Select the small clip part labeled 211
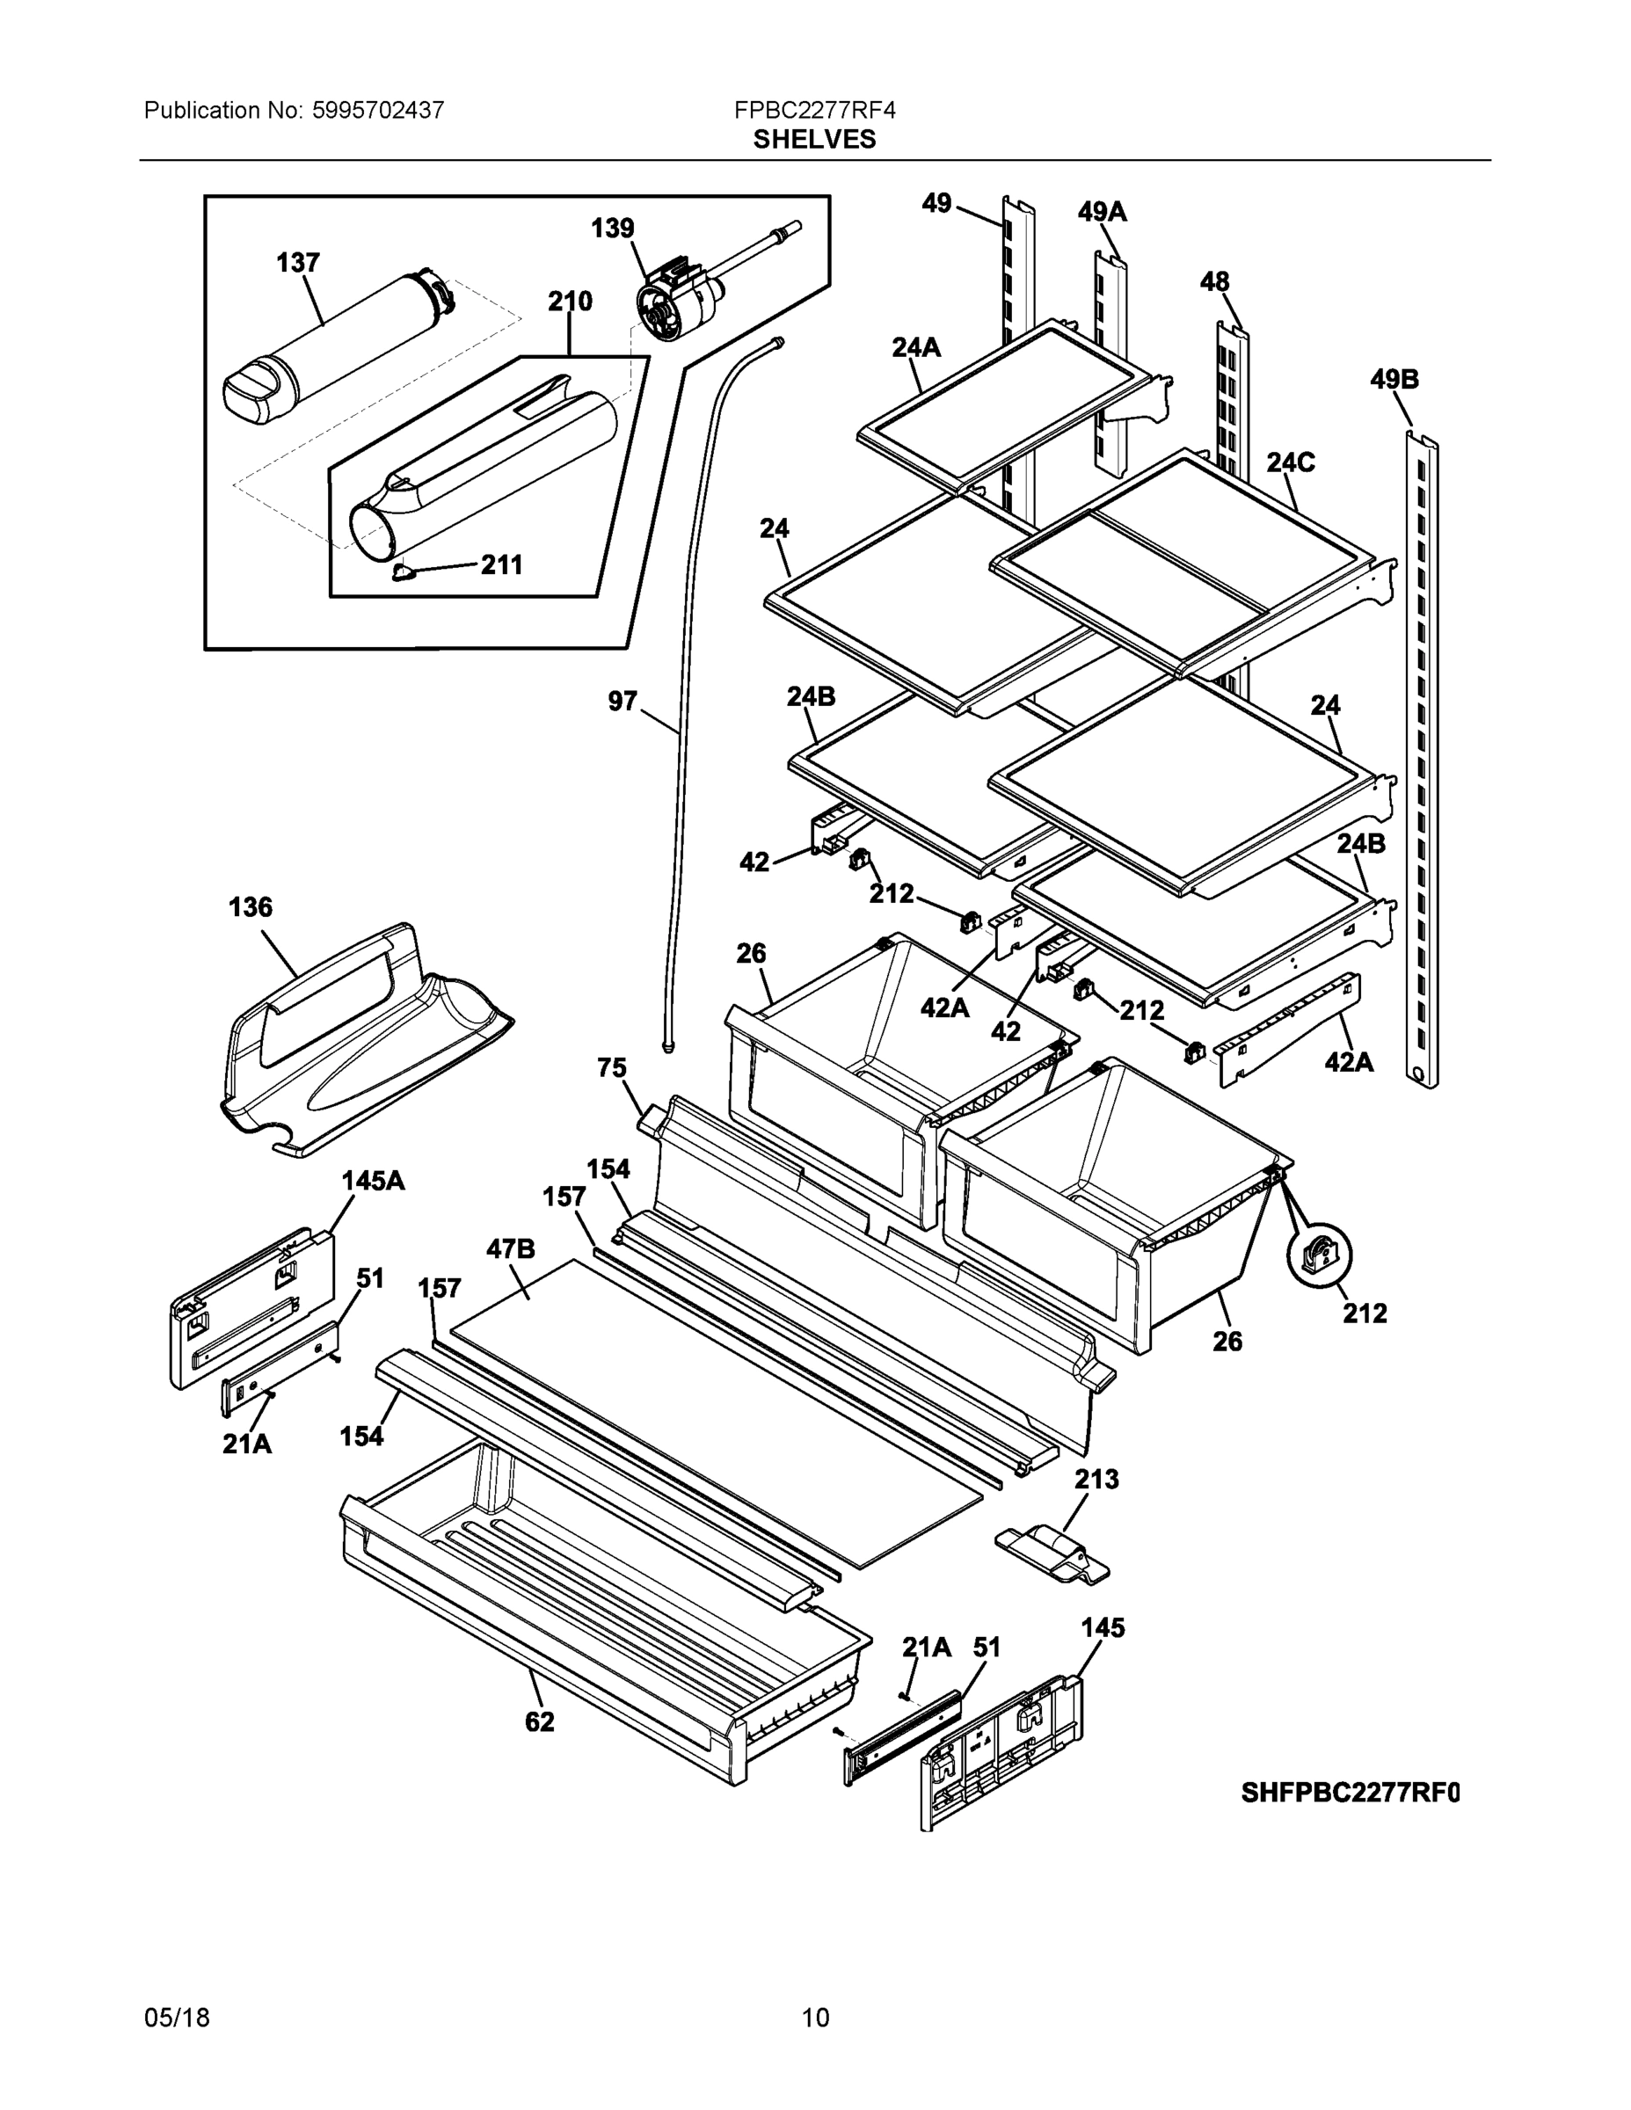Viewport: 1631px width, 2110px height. [403, 574]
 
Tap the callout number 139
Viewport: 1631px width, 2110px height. [613, 228]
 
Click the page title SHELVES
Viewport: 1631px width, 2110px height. [814, 140]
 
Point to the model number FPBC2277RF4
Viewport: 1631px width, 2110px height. [814, 110]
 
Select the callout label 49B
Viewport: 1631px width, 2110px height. [1394, 380]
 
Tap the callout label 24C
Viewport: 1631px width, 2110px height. [1290, 462]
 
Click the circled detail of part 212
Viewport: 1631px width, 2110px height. [1319, 1255]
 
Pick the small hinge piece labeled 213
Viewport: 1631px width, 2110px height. [1053, 1553]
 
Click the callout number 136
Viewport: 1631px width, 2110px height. [251, 907]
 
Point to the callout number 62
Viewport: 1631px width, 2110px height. [540, 1721]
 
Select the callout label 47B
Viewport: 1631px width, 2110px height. [510, 1249]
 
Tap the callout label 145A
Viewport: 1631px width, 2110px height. [373, 1181]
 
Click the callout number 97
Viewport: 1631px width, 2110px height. [623, 701]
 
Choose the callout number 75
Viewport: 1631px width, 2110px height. [612, 1068]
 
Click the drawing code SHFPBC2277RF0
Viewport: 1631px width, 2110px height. [1350, 1793]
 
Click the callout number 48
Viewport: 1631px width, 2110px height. [1214, 281]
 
